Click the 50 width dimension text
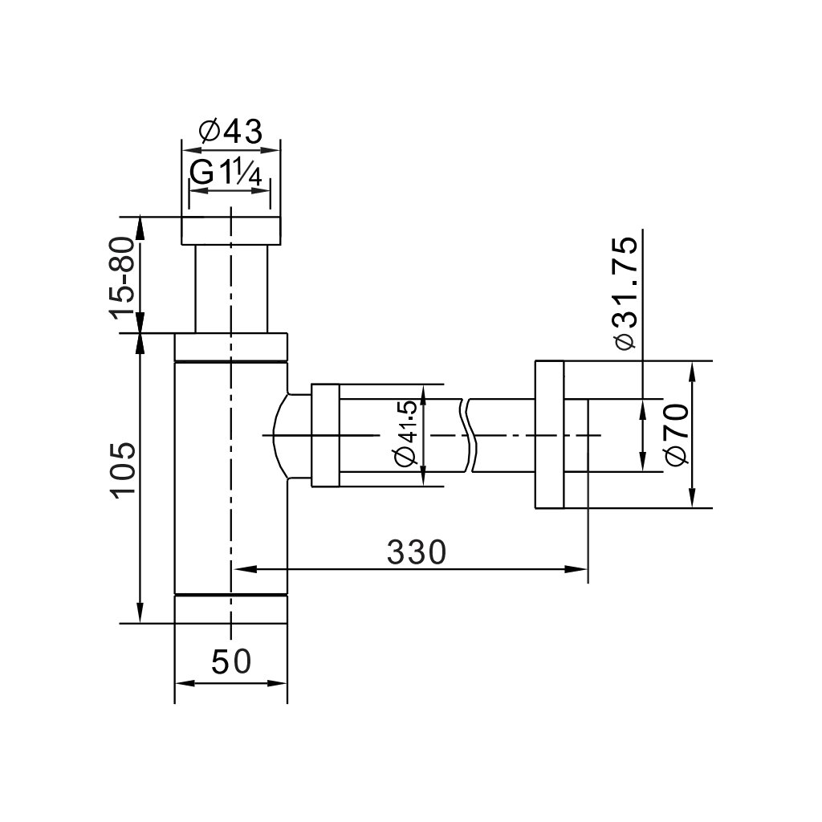[231, 661]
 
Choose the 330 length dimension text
[417, 551]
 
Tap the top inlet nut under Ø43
[230, 230]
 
